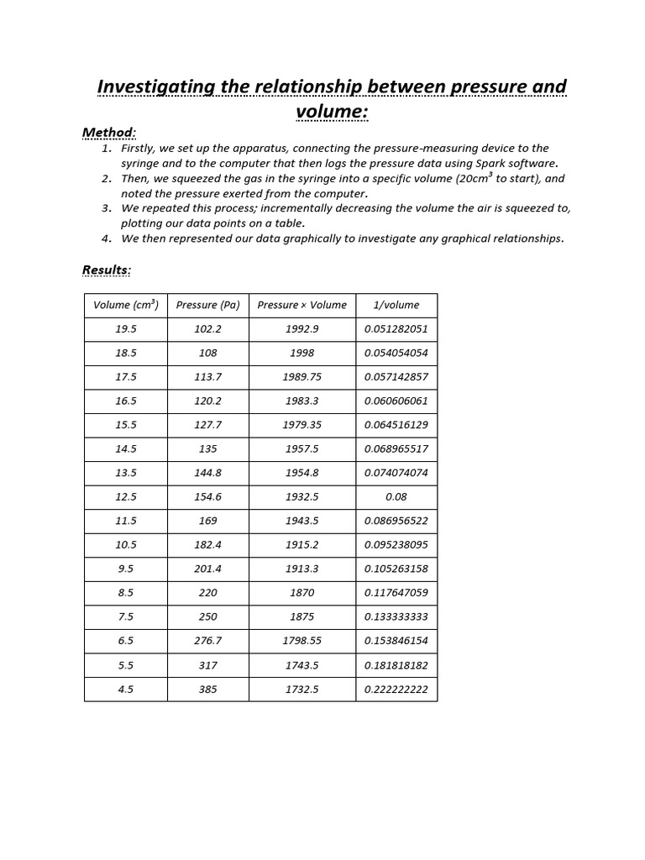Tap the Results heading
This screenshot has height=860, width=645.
point(107,270)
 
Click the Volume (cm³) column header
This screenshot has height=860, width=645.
point(126,305)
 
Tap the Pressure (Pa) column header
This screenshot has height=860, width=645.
point(207,305)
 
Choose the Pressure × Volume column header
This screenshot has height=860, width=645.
point(302,305)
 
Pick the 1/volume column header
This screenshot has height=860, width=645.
point(396,305)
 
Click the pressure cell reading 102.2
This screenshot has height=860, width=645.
point(207,329)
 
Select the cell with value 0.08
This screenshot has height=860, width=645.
point(396,496)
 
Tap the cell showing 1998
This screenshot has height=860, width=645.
point(302,353)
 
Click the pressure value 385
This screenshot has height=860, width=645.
point(207,689)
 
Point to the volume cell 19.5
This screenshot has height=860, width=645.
point(126,329)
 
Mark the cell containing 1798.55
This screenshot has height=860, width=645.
point(302,641)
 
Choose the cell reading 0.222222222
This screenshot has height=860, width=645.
point(396,689)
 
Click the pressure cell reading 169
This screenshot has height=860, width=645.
point(207,521)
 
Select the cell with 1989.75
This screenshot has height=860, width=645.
point(302,377)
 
